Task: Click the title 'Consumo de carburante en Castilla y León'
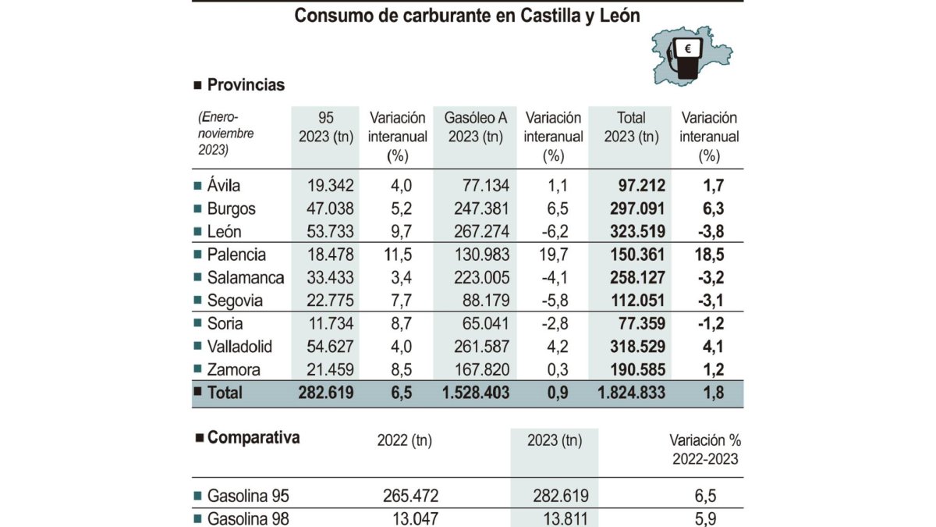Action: pos(467,16)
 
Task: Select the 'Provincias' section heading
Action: pos(246,85)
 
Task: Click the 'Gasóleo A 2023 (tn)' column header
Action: pos(475,127)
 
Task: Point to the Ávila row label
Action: pos(224,186)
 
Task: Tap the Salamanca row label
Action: pos(246,278)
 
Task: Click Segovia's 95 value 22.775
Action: pos(328,301)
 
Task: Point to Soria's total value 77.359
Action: pos(637,323)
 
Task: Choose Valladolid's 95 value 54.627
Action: pos(328,347)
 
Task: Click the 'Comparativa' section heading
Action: pos(253,438)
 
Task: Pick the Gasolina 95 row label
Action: pos(248,496)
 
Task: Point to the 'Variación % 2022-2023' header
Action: pos(704,449)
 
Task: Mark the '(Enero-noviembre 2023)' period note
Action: pos(226,134)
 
